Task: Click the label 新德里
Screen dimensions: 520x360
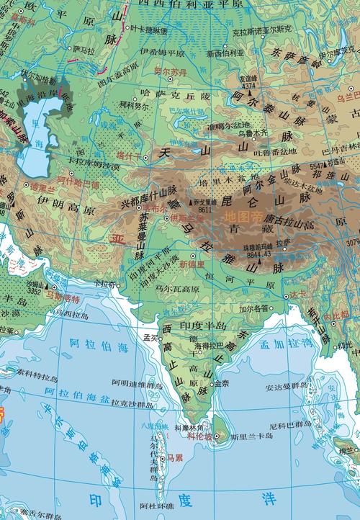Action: (192, 264)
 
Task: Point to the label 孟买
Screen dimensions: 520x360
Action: (150, 336)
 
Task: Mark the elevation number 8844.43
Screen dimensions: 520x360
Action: (257, 254)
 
